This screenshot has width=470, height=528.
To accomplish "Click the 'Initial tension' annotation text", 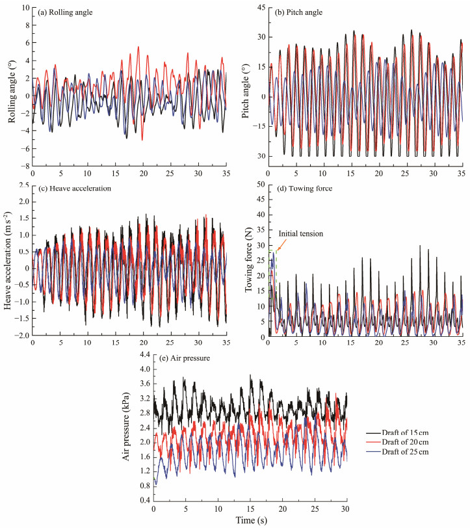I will pos(301,233).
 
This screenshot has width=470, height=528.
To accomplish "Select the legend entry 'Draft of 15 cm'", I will pos(398,432).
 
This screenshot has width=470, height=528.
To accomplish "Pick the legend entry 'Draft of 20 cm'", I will pos(398,442).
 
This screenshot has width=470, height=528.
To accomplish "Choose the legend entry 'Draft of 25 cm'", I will pos(398,452).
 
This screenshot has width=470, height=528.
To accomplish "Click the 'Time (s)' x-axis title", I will pos(250,520).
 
